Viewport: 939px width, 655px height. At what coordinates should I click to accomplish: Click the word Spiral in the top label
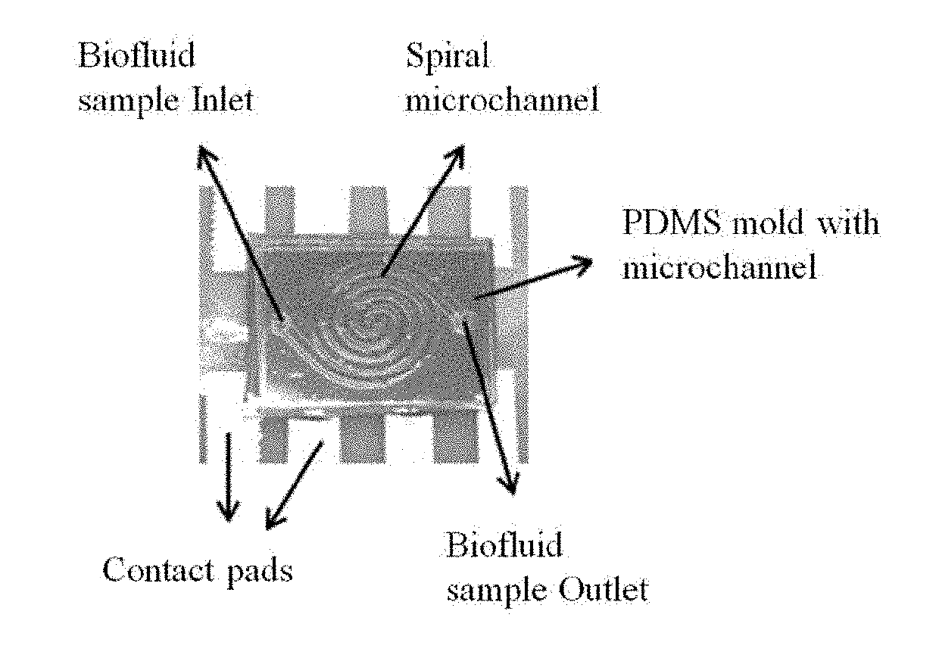447,59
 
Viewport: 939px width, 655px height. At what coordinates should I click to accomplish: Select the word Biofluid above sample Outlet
504,545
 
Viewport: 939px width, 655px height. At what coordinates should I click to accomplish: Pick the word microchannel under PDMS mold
719,268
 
